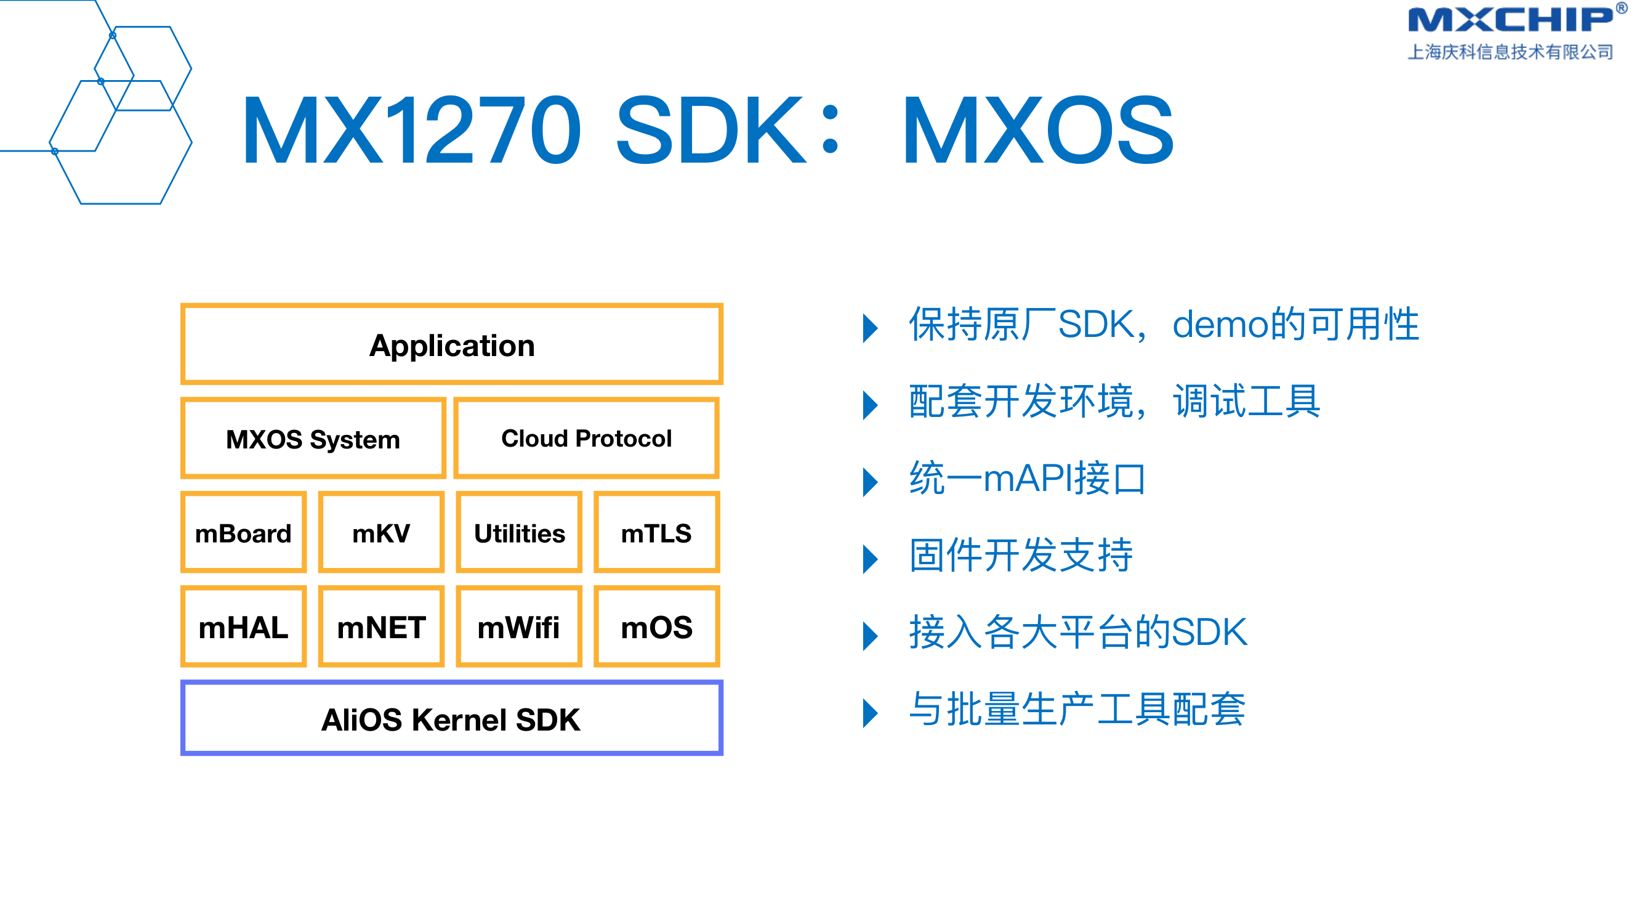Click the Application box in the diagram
tap(451, 344)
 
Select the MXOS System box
tap(312, 438)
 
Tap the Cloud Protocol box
tap(586, 438)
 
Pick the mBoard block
tap(243, 532)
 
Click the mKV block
tap(381, 532)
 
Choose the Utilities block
tap(519, 532)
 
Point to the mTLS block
tap(656, 532)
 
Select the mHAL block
tap(243, 627)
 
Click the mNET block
tap(381, 627)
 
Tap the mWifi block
tap(519, 627)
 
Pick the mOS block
tap(656, 627)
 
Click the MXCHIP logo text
tap(1511, 19)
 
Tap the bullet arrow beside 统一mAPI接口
tap(870, 482)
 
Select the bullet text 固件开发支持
tap(1021, 555)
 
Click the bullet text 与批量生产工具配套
tap(1077, 709)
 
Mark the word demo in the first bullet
tap(1221, 325)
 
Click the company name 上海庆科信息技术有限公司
tap(1511, 52)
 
